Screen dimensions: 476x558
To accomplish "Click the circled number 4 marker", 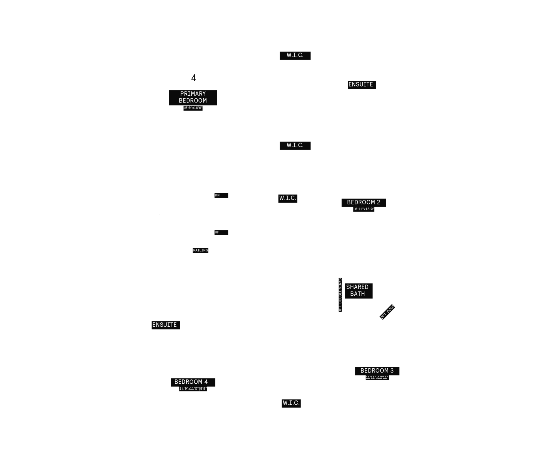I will pyautogui.click(x=193, y=78).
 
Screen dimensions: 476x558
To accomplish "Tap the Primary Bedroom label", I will pyautogui.click(x=193, y=97).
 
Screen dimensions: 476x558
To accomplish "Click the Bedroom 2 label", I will pyautogui.click(x=364, y=202).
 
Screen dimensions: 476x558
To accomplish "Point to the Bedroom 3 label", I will pyautogui.click(x=377, y=371).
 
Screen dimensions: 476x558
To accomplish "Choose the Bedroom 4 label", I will pyautogui.click(x=191, y=382).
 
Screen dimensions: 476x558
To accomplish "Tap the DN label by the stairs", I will pyautogui.click(x=217, y=195).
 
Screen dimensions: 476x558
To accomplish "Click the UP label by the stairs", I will pyautogui.click(x=217, y=232).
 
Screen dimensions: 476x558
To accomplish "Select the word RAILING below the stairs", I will pyautogui.click(x=201, y=250).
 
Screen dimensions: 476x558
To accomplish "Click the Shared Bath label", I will pyautogui.click(x=357, y=290).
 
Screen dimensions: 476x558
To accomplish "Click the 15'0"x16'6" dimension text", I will pyautogui.click(x=193, y=108).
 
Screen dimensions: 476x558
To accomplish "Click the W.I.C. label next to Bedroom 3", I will pyautogui.click(x=291, y=403).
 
